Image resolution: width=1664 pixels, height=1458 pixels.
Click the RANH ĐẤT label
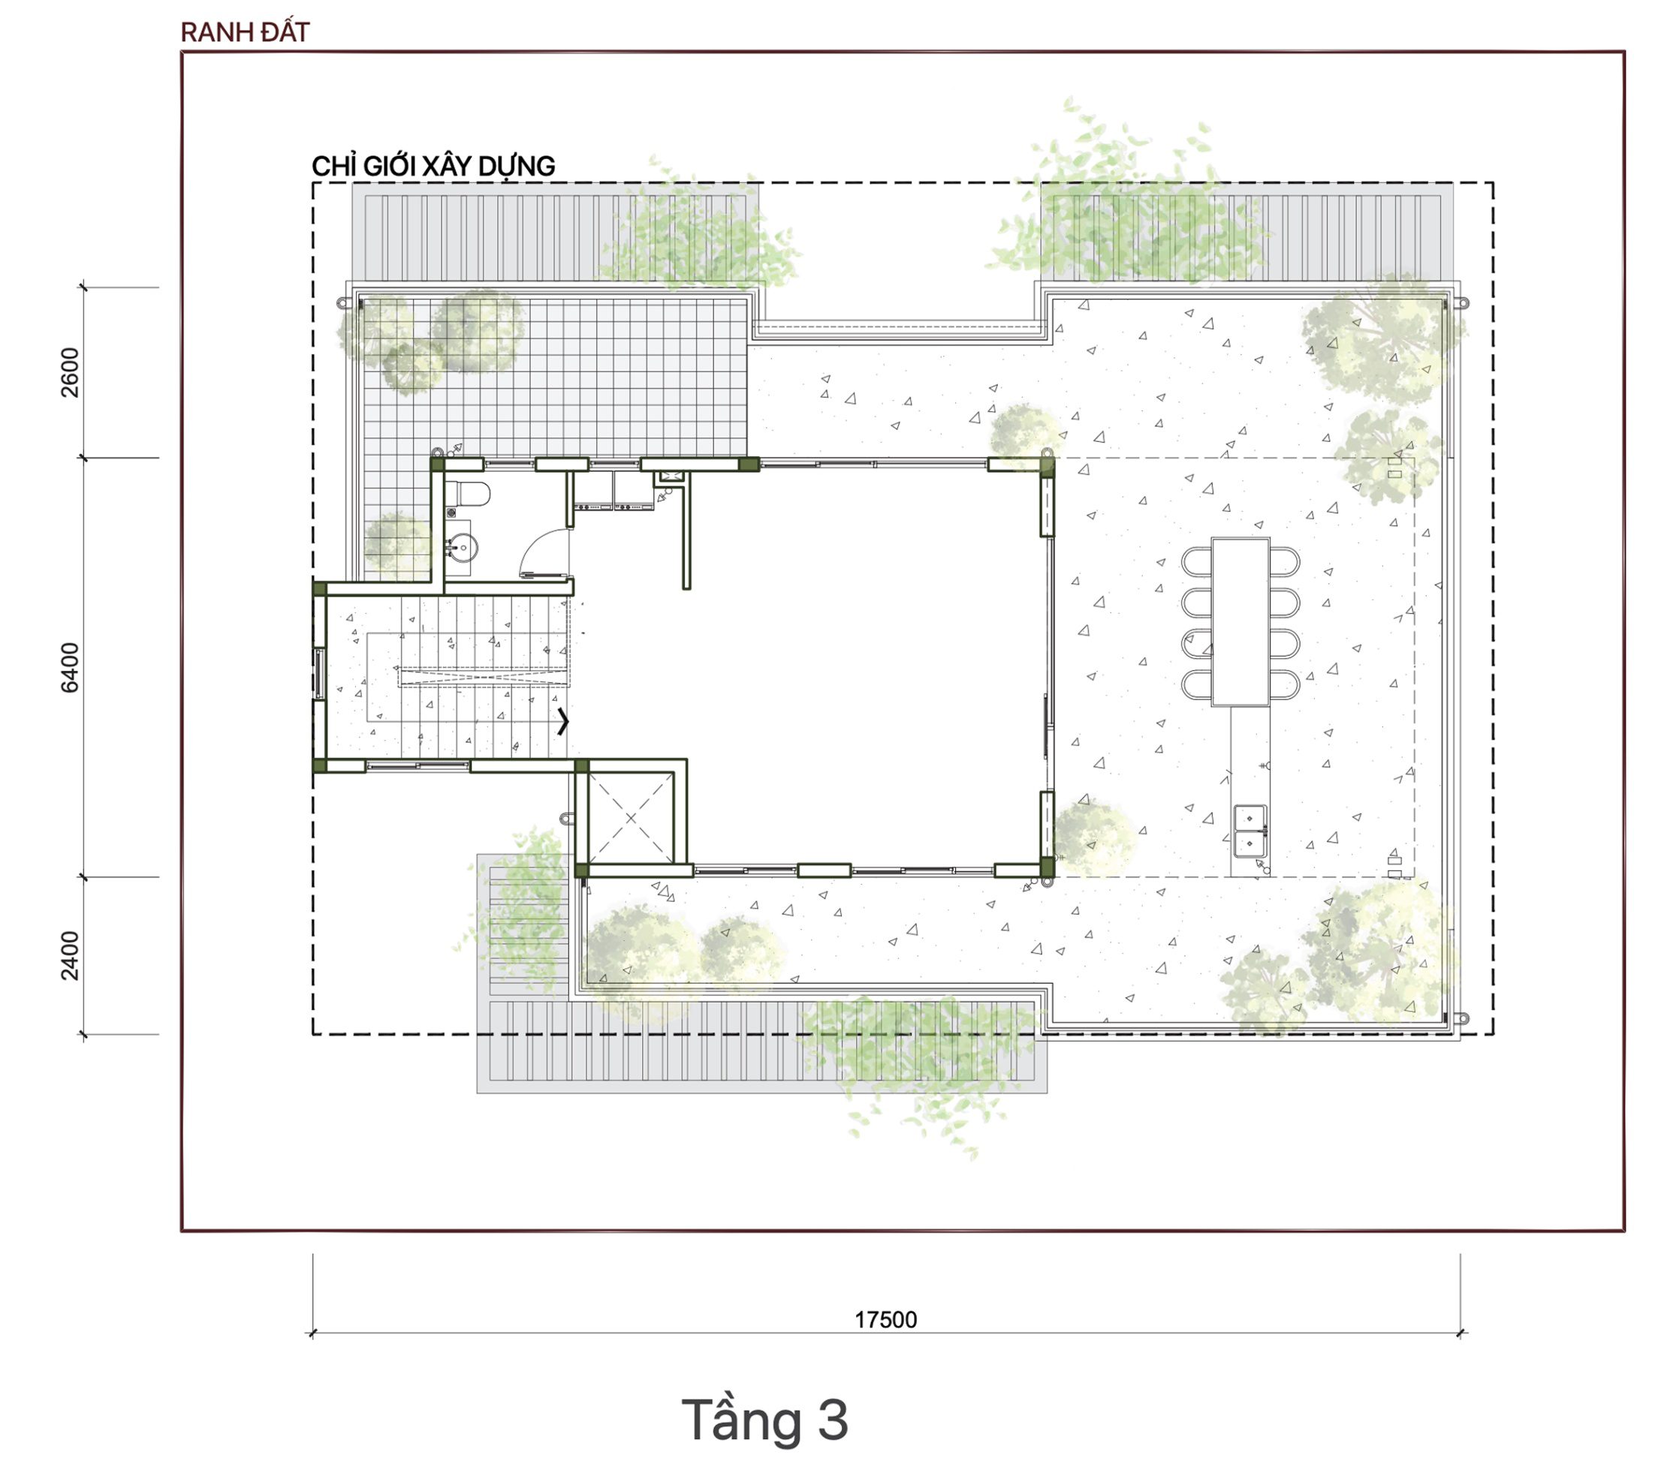(245, 32)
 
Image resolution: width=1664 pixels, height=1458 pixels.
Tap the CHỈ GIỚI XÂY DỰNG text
(433, 166)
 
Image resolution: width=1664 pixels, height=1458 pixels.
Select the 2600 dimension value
(71, 372)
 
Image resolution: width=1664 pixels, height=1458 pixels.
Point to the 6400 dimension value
(71, 667)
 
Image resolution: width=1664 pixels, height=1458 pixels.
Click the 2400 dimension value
(71, 956)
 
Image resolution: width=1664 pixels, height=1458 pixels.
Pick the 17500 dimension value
(886, 1320)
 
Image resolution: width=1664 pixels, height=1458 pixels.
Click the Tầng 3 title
(764, 1420)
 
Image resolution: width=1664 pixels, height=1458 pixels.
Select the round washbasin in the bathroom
(463, 548)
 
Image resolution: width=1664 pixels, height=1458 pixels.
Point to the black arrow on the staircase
(562, 721)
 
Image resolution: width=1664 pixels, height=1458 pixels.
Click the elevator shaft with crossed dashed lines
(631, 818)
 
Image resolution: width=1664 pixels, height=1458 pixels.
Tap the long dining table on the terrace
(1240, 621)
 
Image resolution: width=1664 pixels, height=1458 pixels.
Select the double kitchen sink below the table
(1250, 831)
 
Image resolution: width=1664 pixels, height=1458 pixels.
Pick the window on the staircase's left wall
(320, 673)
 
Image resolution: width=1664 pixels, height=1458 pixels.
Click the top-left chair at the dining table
(1197, 561)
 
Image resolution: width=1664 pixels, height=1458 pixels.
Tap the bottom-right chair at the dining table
(1284, 684)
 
